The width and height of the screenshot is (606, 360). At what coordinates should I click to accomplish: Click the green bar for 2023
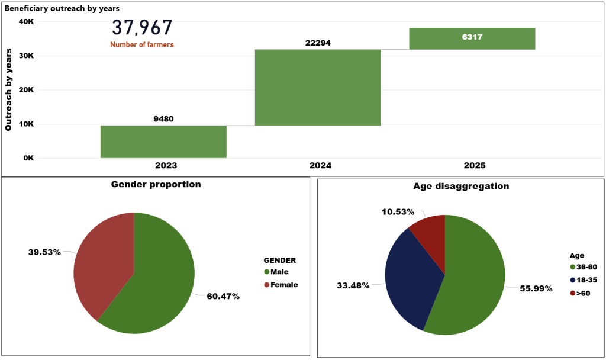point(163,142)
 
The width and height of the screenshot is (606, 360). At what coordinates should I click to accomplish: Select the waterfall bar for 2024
point(318,87)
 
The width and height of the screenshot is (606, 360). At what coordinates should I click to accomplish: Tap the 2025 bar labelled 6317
point(472,38)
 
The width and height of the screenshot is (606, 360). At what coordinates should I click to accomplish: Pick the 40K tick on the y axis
point(26,22)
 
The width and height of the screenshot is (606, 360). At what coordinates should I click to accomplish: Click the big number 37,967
point(142,28)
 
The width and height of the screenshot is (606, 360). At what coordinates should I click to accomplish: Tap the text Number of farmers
point(142,44)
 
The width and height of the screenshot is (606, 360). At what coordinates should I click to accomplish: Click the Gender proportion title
point(156,184)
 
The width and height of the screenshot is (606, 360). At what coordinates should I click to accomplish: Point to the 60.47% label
point(223,296)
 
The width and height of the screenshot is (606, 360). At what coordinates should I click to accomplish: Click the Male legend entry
point(278,272)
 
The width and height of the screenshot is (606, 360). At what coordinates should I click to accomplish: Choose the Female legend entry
point(281,285)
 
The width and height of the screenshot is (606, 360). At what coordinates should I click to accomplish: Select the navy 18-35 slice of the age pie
point(411,278)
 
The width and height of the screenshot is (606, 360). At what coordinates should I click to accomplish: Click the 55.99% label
point(536,288)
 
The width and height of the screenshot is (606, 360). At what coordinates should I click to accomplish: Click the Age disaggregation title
point(461,186)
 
